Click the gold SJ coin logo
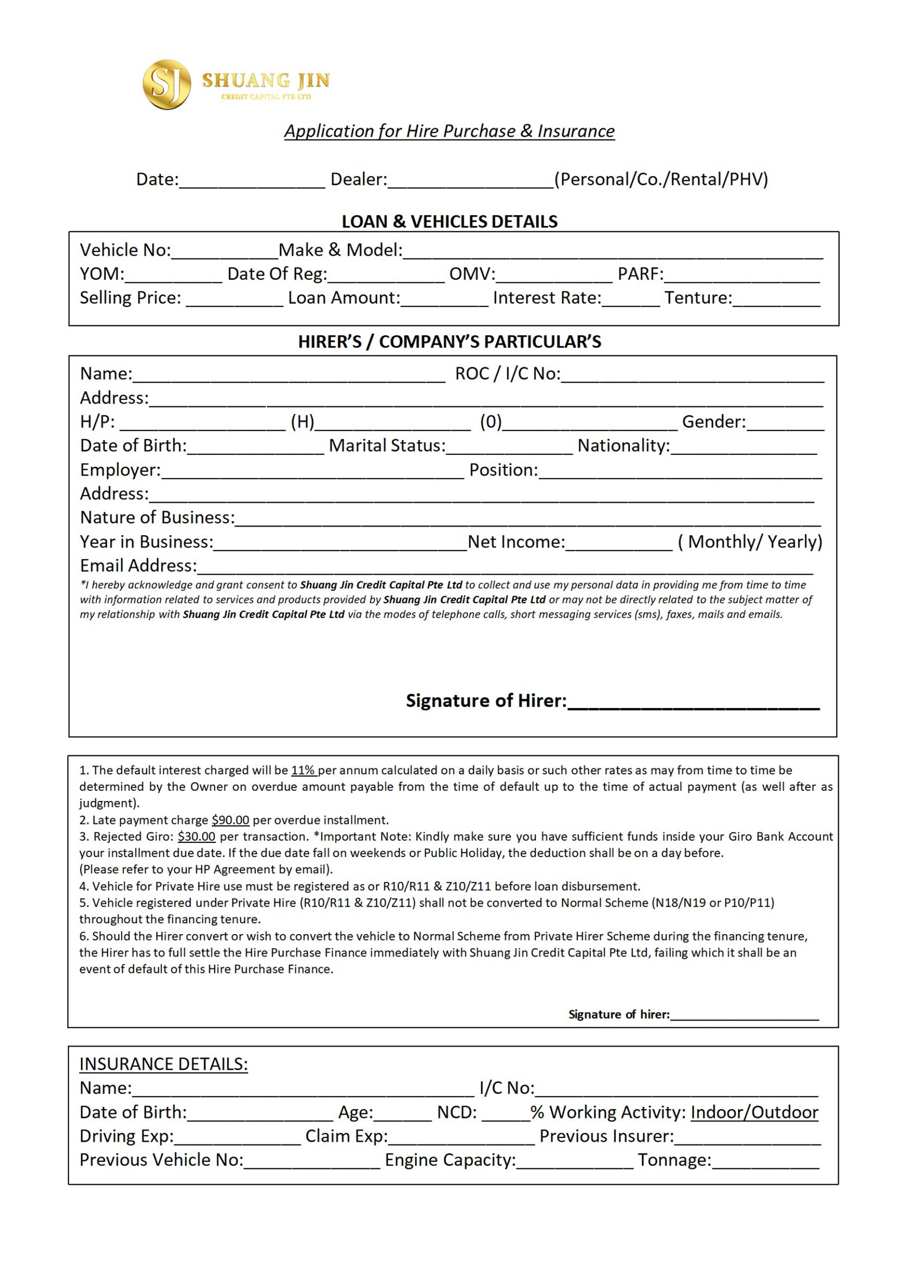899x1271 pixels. click(167, 84)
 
